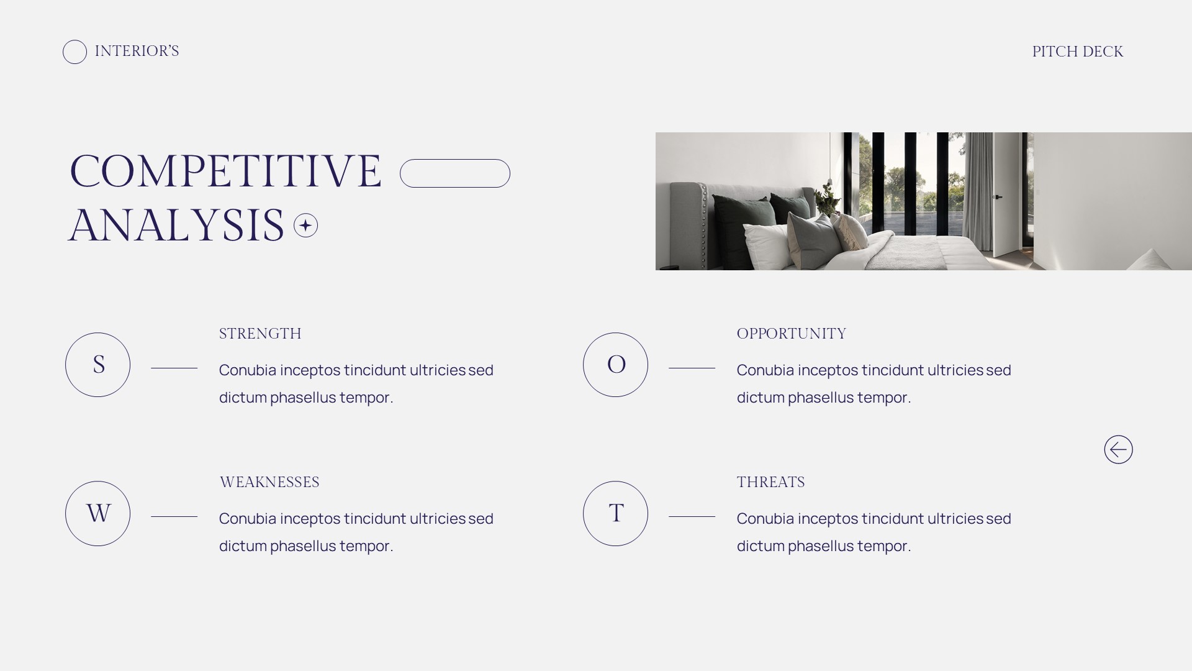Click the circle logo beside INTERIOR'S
coord(74,52)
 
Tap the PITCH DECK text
coord(1077,52)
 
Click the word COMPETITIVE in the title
coord(225,171)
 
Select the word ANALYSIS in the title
coord(176,226)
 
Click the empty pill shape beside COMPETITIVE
coord(454,173)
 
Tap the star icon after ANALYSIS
coord(305,225)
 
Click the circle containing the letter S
coord(97,365)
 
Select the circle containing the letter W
coord(97,514)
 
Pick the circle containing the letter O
coord(615,365)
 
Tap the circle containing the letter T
coord(615,514)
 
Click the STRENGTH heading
coord(260,334)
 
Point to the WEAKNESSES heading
coord(269,482)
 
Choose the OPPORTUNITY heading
coord(791,334)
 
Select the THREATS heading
coord(770,482)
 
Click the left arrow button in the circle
coord(1118,449)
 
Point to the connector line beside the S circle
coord(174,368)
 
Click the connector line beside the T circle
coord(692,516)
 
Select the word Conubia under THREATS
coord(765,519)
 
